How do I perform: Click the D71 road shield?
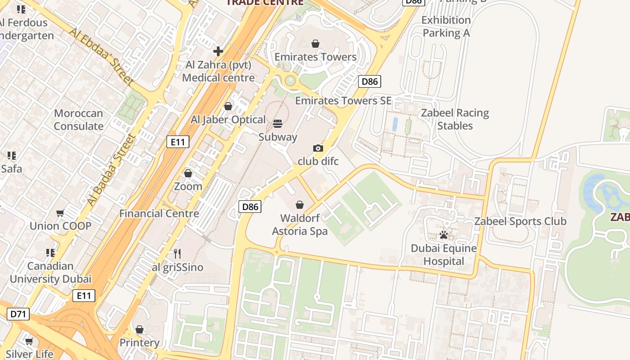(x=18, y=314)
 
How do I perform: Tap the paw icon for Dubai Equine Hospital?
(x=444, y=235)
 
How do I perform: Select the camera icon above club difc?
(x=318, y=148)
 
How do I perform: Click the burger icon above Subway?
(x=278, y=124)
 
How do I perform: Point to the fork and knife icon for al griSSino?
(x=177, y=254)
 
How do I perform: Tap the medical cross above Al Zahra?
(x=218, y=51)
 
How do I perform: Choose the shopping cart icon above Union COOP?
(x=60, y=213)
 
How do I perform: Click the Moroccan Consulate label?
(x=79, y=120)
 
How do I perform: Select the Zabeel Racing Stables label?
(x=455, y=119)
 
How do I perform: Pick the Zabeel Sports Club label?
(x=520, y=221)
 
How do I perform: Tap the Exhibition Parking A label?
(x=446, y=27)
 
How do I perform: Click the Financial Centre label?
(x=159, y=213)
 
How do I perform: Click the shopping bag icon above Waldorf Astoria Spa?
(x=300, y=205)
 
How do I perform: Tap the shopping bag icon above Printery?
(x=139, y=330)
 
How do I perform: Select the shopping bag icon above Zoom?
(x=188, y=173)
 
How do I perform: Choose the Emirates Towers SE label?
(x=343, y=101)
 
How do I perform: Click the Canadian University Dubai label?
(x=50, y=272)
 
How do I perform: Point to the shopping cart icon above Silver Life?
(x=29, y=342)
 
